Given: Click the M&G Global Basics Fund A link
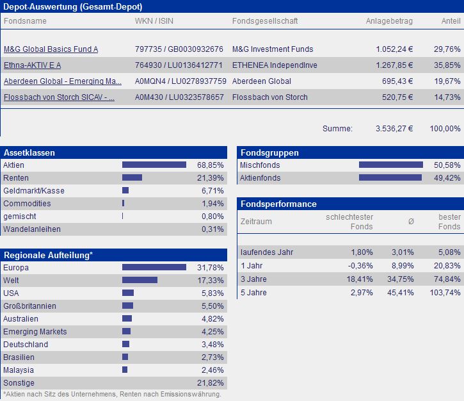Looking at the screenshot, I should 51,49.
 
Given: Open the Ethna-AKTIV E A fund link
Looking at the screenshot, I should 32,65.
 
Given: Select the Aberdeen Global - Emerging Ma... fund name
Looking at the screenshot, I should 62,81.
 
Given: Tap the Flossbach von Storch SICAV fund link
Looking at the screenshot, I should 59,97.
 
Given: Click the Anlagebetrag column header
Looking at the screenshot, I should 389,21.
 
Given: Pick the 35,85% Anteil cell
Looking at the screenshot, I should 447,65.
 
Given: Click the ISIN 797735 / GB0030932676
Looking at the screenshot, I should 179,49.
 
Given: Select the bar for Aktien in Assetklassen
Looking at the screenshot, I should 154,165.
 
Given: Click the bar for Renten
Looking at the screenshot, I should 132,178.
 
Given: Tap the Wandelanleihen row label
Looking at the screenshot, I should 31,229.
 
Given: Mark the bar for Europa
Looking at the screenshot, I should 154,267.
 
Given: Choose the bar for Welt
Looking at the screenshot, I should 140,280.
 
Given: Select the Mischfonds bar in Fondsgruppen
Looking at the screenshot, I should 390,165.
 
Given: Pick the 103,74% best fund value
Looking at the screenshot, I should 445,293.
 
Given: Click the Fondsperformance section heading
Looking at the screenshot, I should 278,204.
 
